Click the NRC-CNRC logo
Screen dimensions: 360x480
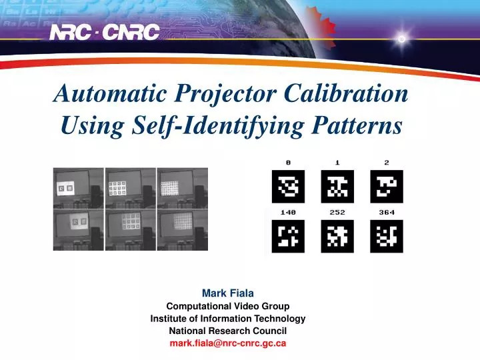[x=105, y=31]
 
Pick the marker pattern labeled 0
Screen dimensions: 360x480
[x=288, y=186]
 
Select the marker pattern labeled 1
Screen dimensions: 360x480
[x=337, y=186]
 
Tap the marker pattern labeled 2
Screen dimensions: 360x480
[x=387, y=186]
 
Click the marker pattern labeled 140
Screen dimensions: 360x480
[x=288, y=235]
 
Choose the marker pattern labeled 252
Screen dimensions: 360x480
[x=337, y=235]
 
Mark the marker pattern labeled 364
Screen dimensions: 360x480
[x=387, y=235]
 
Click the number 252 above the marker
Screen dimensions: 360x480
[x=337, y=213]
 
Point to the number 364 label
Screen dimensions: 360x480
[x=387, y=213]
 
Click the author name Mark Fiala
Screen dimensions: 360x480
[x=228, y=293]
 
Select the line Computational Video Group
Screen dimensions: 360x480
[x=228, y=306]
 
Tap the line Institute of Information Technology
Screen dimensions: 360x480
[x=228, y=319]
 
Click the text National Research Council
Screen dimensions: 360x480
[x=228, y=331]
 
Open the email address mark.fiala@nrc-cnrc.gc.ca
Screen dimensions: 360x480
[x=228, y=343]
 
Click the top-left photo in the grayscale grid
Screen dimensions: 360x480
[x=79, y=187]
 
